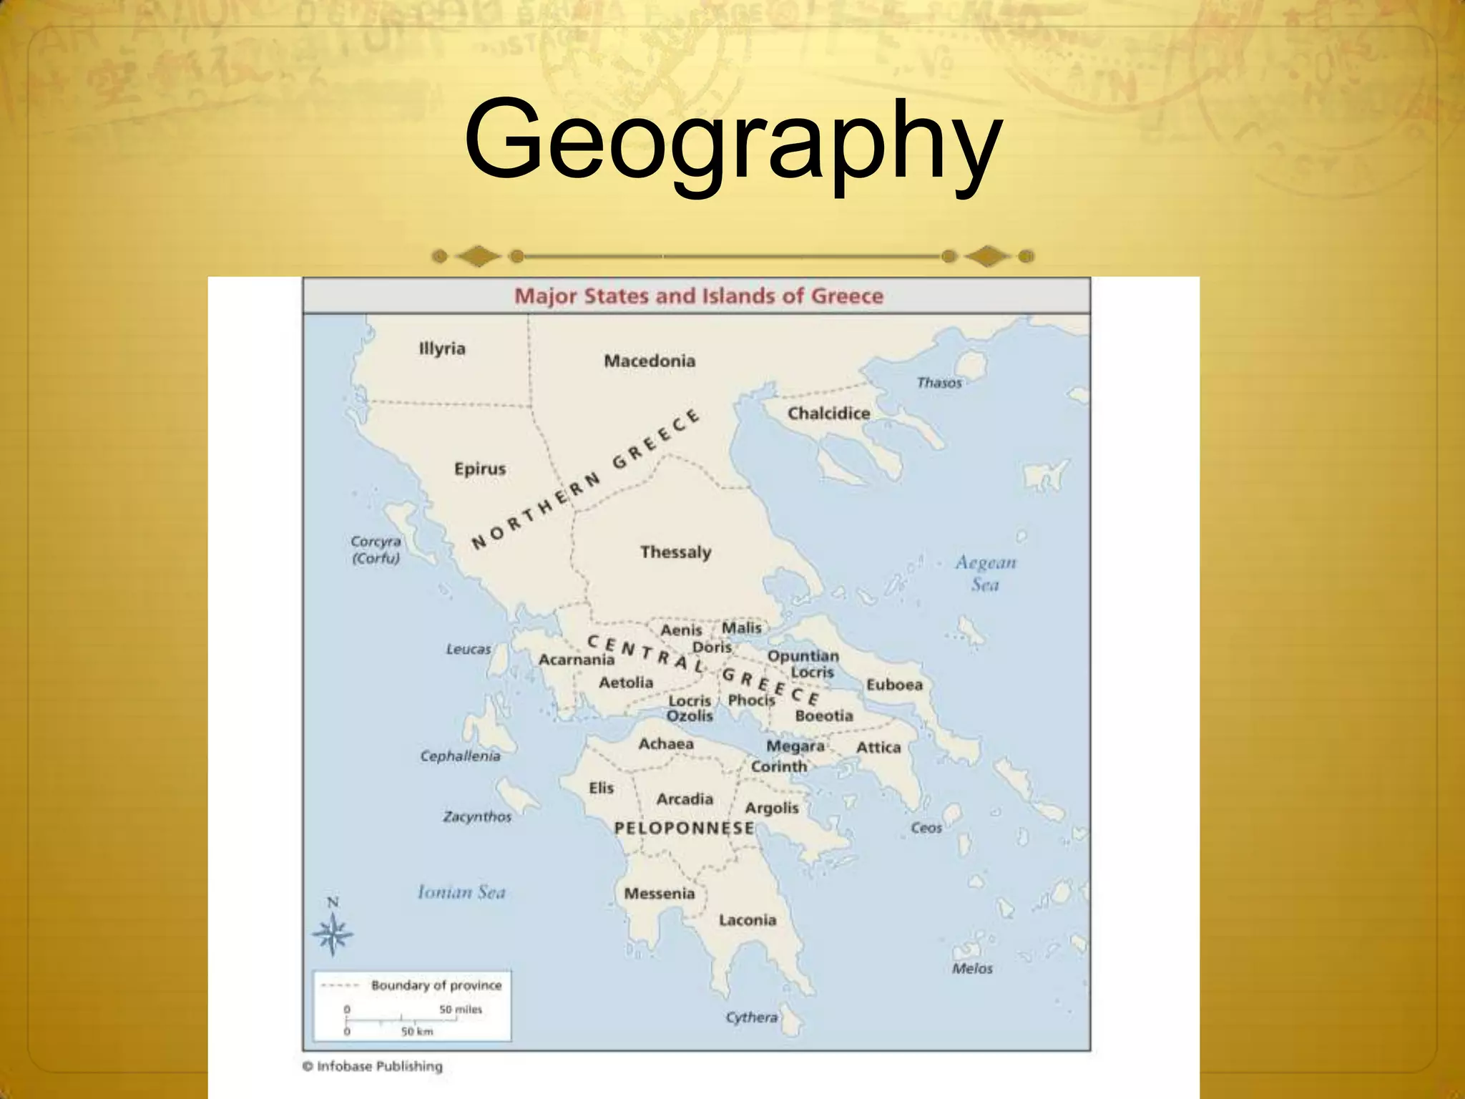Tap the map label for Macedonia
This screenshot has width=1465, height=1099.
click(650, 361)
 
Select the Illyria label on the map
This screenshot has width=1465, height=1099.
click(442, 348)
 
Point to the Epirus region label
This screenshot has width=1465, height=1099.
click(480, 469)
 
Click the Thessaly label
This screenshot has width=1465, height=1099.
click(676, 552)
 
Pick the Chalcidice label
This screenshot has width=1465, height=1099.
click(828, 413)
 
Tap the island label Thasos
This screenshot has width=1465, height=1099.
click(939, 383)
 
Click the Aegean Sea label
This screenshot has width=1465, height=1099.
click(985, 573)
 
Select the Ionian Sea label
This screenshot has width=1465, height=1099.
click(461, 892)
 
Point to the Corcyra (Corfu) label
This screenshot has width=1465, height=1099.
click(376, 549)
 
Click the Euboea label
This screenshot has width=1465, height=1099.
click(894, 685)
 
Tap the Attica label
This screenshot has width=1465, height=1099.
click(878, 747)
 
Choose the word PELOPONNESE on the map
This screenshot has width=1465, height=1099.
click(684, 828)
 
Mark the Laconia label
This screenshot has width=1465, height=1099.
click(748, 920)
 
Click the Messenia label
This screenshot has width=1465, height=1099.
click(660, 893)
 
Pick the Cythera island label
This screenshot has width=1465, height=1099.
click(751, 1017)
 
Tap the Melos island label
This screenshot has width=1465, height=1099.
click(972, 968)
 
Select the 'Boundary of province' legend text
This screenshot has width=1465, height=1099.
click(436, 985)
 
